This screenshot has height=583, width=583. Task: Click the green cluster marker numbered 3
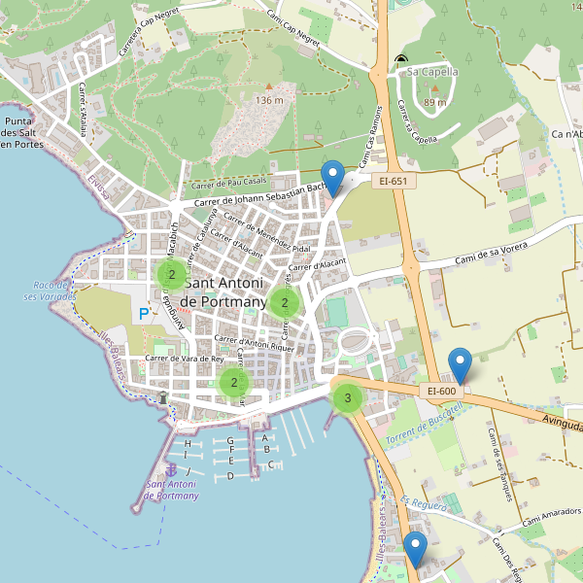click(348, 397)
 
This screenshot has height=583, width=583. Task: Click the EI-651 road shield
click(393, 181)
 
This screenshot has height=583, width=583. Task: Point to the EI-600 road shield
click(442, 391)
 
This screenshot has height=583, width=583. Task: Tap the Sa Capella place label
click(432, 71)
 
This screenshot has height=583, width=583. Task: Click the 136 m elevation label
click(269, 100)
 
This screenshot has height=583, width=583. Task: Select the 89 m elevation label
click(435, 102)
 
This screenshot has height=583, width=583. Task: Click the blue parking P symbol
click(144, 314)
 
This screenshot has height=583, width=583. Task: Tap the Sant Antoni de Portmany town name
click(223, 292)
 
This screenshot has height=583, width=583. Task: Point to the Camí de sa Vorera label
click(492, 256)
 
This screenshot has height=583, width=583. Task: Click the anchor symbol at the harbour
click(171, 471)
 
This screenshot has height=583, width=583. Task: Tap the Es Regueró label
click(424, 503)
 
